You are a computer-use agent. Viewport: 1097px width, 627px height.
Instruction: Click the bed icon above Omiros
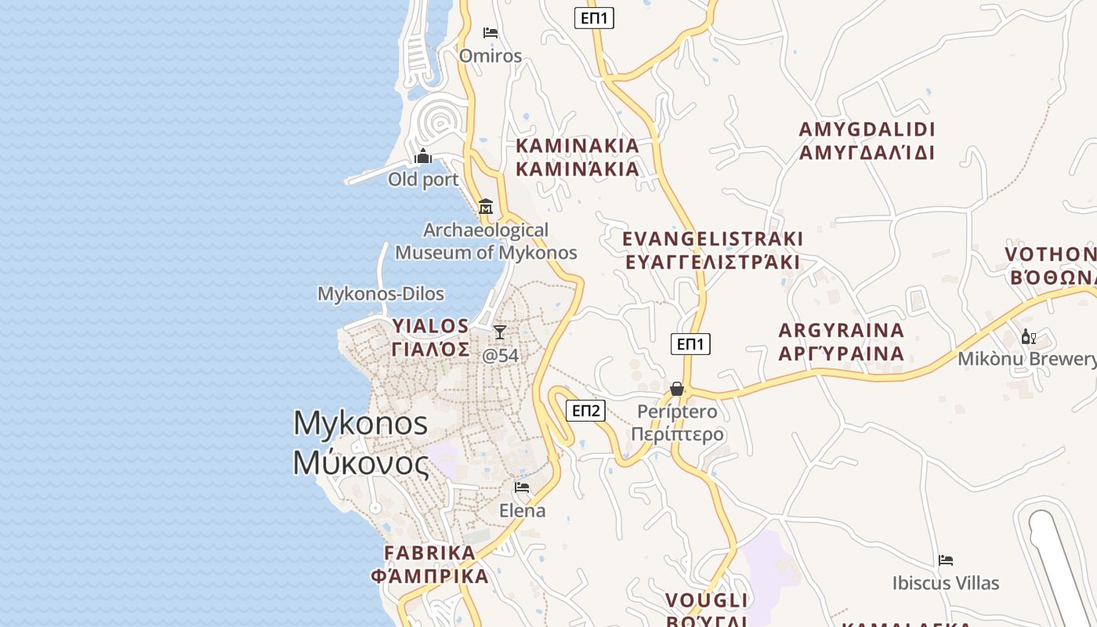click(491, 33)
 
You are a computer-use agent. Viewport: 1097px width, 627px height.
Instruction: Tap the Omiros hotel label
click(491, 56)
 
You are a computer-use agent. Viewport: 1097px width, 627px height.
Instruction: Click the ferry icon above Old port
click(423, 157)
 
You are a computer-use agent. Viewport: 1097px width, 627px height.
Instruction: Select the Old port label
click(423, 179)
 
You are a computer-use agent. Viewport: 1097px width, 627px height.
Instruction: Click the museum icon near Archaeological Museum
click(486, 207)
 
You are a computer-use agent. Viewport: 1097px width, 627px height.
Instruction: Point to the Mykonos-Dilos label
click(381, 294)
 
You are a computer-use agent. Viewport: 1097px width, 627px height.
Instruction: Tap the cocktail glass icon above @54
click(500, 332)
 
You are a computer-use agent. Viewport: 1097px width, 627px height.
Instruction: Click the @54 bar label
click(500, 355)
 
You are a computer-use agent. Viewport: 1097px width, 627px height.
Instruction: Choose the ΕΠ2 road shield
click(586, 410)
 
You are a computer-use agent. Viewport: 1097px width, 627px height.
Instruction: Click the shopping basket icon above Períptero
click(677, 389)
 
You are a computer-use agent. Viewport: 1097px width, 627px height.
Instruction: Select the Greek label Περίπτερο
click(677, 434)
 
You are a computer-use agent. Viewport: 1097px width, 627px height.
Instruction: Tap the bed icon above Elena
click(522, 487)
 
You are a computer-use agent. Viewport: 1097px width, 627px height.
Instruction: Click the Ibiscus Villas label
click(946, 583)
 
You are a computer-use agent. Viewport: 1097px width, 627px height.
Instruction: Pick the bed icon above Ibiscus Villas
click(946, 560)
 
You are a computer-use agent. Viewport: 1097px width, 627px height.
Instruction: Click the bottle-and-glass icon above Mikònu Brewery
click(1028, 337)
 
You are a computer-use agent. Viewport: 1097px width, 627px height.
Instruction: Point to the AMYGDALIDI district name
click(867, 129)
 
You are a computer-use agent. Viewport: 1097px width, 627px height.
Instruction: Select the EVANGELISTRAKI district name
click(712, 238)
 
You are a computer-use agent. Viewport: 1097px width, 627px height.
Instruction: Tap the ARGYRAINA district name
click(842, 330)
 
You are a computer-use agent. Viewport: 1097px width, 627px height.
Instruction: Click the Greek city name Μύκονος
click(361, 463)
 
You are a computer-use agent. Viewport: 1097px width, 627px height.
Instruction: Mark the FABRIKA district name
click(430, 553)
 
